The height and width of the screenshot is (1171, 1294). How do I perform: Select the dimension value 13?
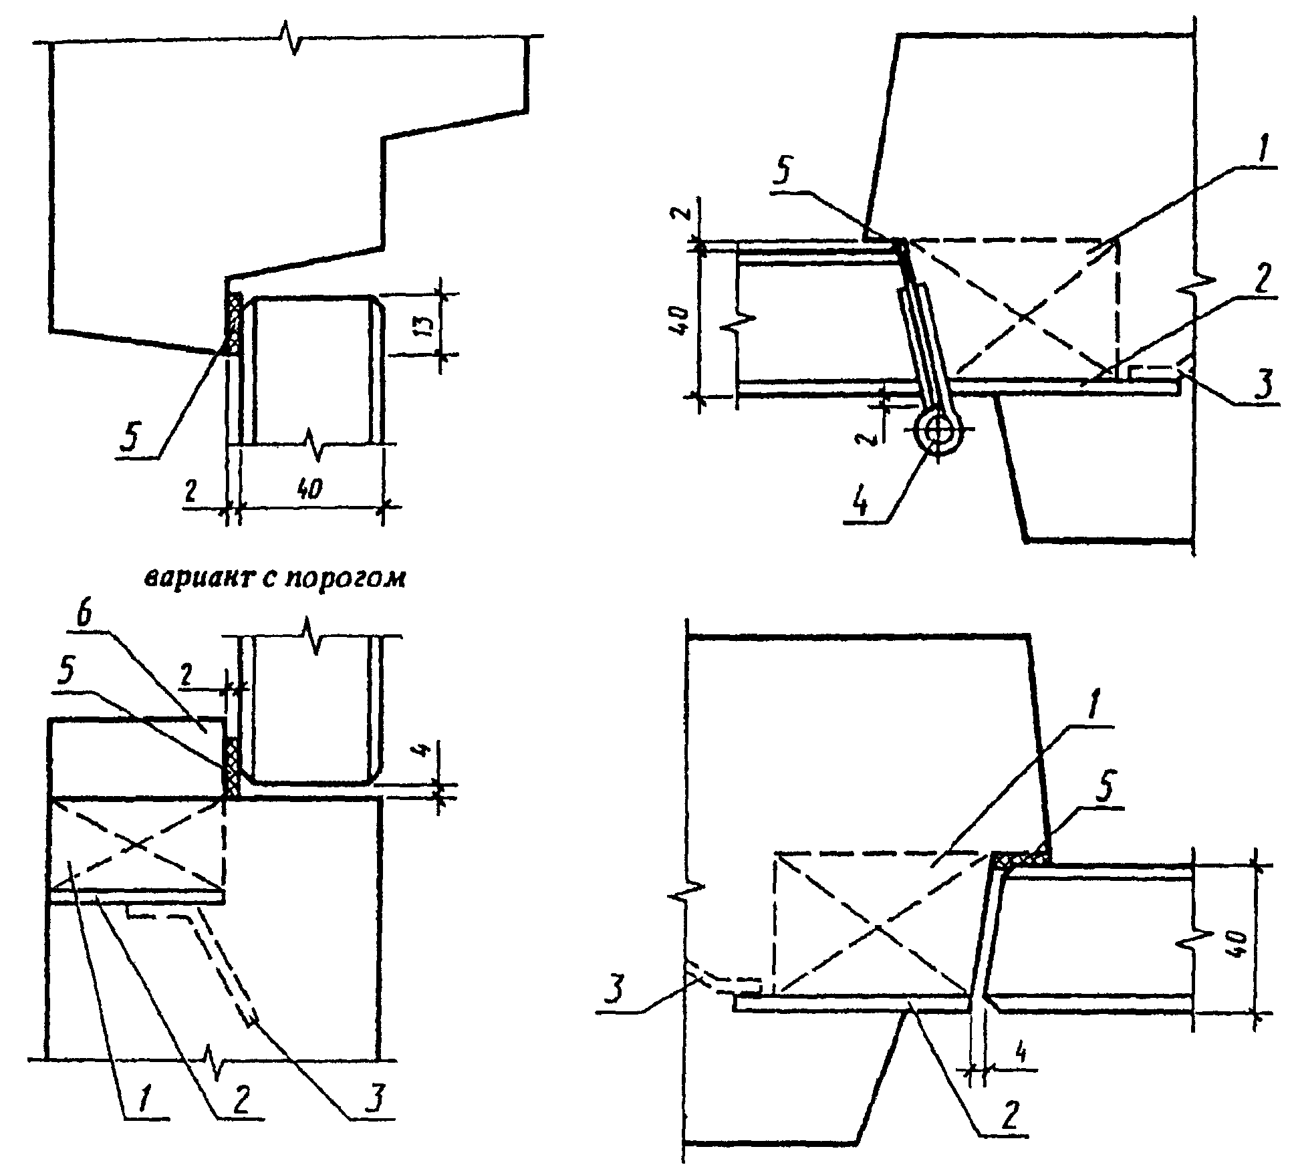pyautogui.click(x=426, y=323)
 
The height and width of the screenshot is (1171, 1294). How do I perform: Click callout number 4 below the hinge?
pyautogui.click(x=863, y=502)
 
